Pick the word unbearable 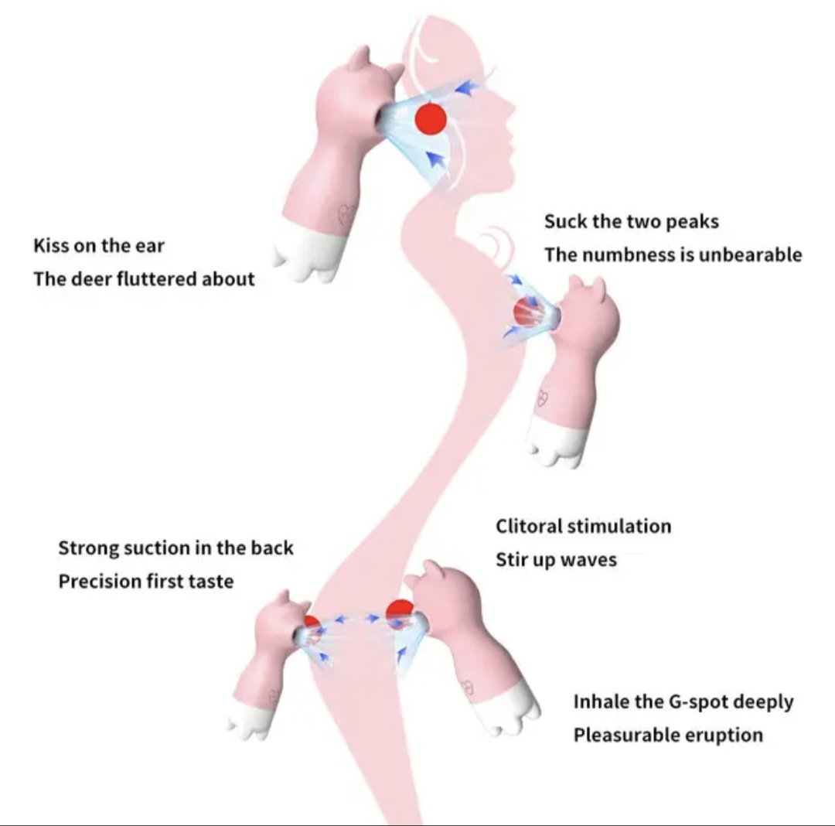(x=750, y=254)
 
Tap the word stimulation (x=619, y=527)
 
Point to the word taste (x=212, y=581)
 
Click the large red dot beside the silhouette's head (x=431, y=120)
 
